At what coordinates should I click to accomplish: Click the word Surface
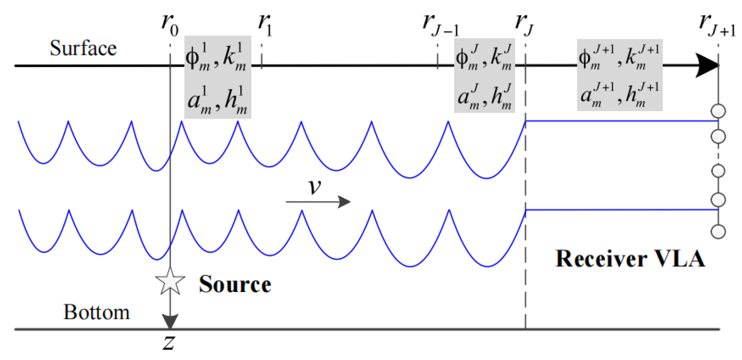(83, 48)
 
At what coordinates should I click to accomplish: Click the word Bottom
(96, 312)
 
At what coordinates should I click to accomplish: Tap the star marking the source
(170, 281)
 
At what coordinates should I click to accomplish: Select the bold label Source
(235, 284)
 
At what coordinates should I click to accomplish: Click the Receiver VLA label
(630, 259)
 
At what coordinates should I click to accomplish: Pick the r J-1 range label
(440, 24)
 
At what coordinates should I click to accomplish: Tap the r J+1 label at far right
(717, 24)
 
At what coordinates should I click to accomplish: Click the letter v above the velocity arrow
(315, 186)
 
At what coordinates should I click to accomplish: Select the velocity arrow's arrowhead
(344, 202)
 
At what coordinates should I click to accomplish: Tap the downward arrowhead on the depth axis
(170, 321)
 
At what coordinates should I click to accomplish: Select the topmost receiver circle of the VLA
(718, 111)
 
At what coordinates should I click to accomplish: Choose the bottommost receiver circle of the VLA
(718, 232)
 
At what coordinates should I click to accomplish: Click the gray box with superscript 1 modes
(218, 77)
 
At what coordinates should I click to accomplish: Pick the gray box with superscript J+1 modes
(620, 75)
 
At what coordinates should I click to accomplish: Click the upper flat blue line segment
(622, 121)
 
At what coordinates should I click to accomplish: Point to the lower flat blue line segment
(622, 210)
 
